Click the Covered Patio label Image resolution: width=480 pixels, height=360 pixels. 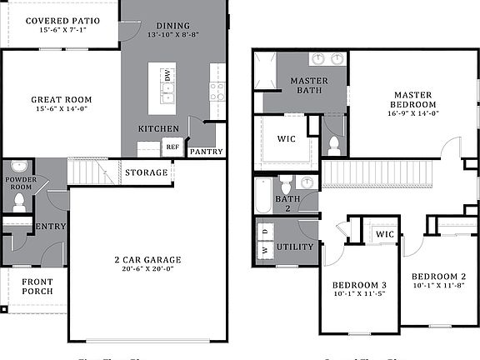(62, 20)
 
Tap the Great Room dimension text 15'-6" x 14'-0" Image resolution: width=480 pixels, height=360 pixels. (62, 109)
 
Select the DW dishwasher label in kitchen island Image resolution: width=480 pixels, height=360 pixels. (167, 76)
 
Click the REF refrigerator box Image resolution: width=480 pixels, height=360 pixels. (172, 147)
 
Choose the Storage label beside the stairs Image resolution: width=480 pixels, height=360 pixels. (147, 173)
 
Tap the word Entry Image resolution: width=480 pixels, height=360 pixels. (50, 226)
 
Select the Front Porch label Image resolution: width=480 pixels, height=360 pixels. (37, 287)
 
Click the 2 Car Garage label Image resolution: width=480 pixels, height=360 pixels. (147, 260)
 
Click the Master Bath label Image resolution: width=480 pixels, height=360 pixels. (307, 85)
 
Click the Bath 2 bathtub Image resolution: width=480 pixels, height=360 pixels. (264, 195)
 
